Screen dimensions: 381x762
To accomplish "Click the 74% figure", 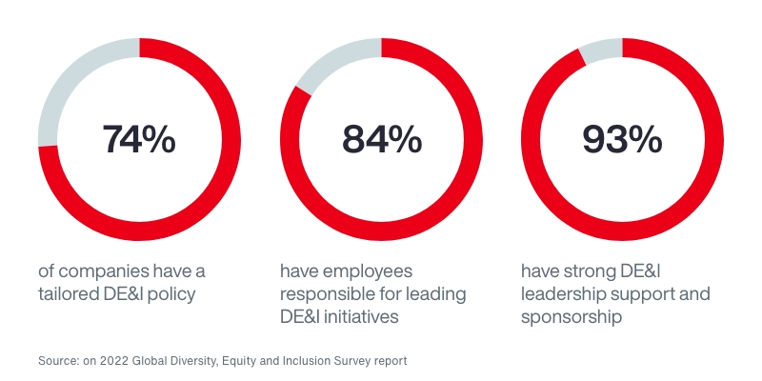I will pyautogui.click(x=139, y=139).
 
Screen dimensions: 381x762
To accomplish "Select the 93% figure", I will pyautogui.click(x=622, y=139).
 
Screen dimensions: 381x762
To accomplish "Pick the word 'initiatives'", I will pyautogui.click(x=371, y=317).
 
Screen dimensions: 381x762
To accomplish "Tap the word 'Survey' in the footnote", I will pyautogui.click(x=342, y=362).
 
